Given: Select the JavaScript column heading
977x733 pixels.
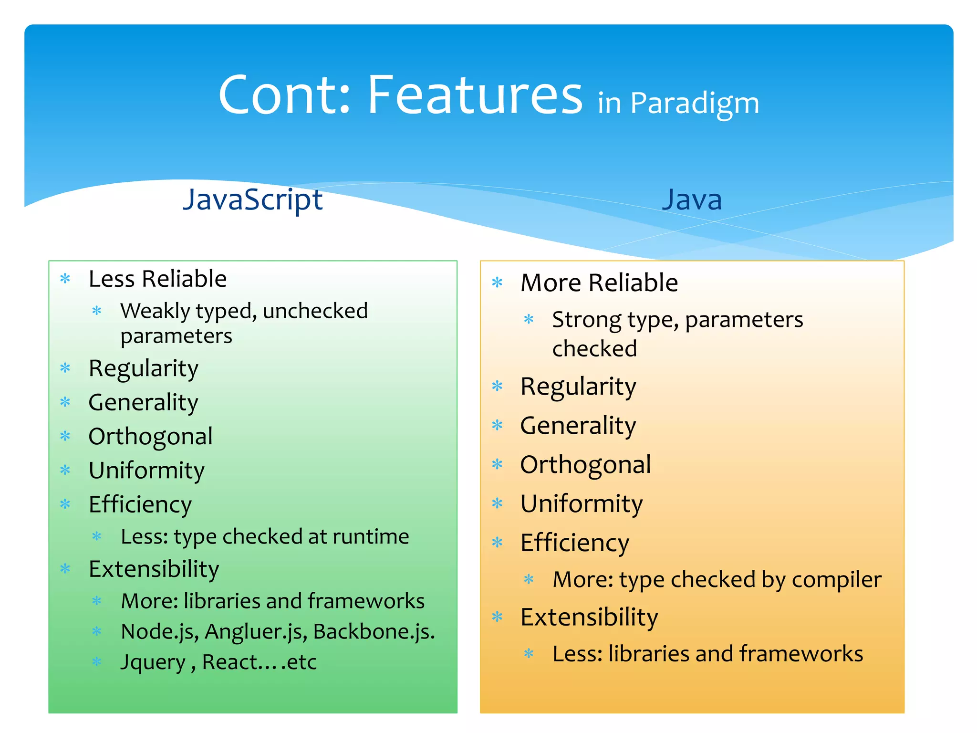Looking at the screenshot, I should click(x=253, y=199).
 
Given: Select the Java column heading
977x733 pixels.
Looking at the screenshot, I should click(x=692, y=199).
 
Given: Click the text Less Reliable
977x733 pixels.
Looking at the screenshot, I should click(x=157, y=279).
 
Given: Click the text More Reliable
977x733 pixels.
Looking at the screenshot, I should click(x=599, y=283).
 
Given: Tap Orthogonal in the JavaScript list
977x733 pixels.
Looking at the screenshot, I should click(x=151, y=436).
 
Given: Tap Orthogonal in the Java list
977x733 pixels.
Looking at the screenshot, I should click(x=585, y=465).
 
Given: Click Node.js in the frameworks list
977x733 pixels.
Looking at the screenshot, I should click(x=159, y=632).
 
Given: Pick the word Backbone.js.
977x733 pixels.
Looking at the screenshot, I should click(x=374, y=632).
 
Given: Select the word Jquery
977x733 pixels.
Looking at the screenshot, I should click(x=153, y=662).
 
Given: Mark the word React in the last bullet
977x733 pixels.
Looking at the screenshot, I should click(x=229, y=662).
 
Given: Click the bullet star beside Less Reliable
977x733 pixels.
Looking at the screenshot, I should click(x=65, y=279).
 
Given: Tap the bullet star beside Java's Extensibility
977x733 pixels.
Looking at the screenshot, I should click(x=497, y=617).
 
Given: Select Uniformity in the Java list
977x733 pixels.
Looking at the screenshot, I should click(x=582, y=504).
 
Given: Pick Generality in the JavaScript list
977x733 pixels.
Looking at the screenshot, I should click(x=143, y=402).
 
